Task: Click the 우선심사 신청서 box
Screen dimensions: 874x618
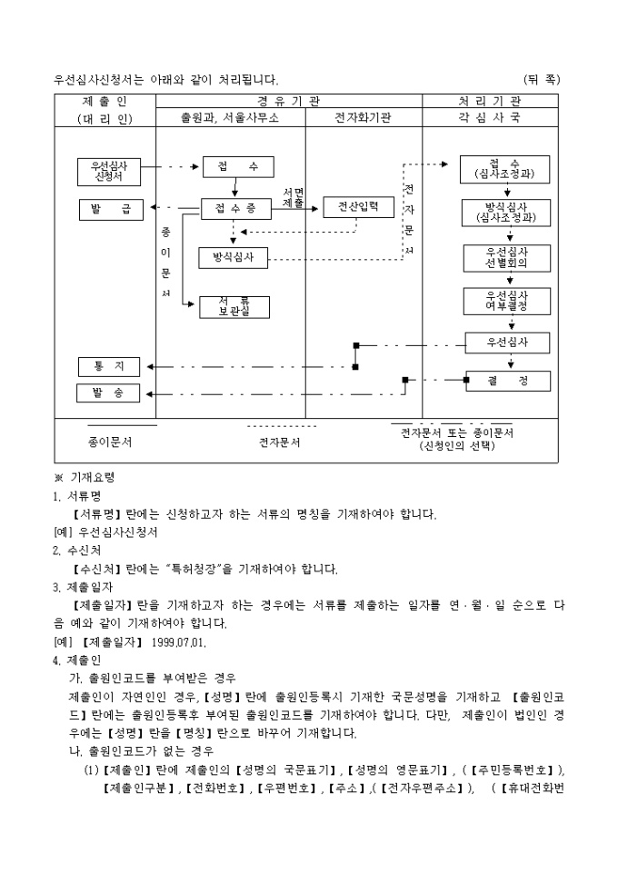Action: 108,172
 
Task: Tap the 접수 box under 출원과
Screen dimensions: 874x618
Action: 234,167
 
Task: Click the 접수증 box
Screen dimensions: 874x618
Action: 234,210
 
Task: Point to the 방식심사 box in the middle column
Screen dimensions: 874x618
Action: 234,258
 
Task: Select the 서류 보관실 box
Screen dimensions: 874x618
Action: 234,306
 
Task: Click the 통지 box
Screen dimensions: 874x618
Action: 108,367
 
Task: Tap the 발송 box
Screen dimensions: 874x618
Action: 108,393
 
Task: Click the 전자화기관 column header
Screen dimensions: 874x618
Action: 363,118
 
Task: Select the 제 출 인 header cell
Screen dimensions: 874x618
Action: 106,101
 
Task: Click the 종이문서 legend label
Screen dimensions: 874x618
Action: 111,442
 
